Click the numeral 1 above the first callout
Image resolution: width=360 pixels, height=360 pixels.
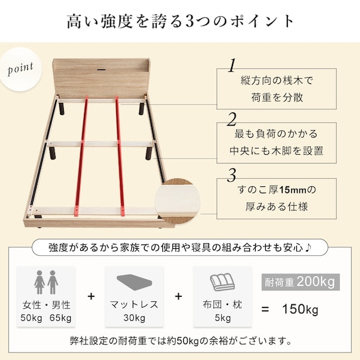pos(232,65)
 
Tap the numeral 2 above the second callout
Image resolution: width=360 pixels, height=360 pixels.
pos(232,119)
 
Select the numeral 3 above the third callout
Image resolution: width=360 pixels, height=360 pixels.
pos(232,174)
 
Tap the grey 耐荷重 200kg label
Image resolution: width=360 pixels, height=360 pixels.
pos(298,281)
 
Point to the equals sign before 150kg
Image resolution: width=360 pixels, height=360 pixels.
pos(266,309)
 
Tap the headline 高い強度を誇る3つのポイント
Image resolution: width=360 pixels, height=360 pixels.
pos(180,21)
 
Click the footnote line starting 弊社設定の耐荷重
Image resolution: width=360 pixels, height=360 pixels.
pos(180,342)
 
